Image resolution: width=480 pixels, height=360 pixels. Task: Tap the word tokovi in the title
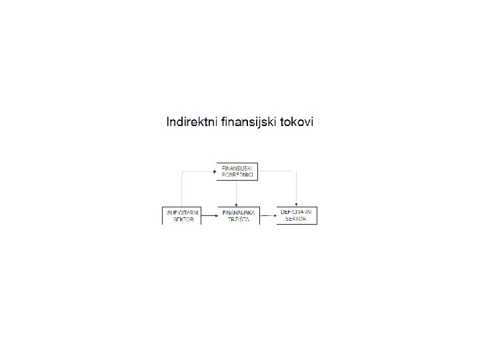(x=297, y=122)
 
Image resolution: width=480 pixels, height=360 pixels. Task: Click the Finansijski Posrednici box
(x=237, y=171)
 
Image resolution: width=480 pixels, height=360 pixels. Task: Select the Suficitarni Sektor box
(x=181, y=216)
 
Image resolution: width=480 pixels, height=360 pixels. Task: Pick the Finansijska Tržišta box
(x=237, y=216)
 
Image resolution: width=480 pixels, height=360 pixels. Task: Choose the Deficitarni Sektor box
(x=297, y=215)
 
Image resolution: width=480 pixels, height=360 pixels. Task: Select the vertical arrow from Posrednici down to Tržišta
(x=237, y=193)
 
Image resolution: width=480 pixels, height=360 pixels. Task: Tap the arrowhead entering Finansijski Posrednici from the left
(x=213, y=171)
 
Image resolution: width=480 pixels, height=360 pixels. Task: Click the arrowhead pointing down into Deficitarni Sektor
(x=296, y=205)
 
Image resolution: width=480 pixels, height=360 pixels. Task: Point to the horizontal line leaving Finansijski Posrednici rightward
(x=277, y=171)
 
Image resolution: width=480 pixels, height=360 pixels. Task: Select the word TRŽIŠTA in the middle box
(x=237, y=220)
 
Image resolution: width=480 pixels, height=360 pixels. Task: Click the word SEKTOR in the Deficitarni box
(x=297, y=219)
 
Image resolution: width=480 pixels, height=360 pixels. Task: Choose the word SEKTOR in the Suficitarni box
(x=181, y=220)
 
